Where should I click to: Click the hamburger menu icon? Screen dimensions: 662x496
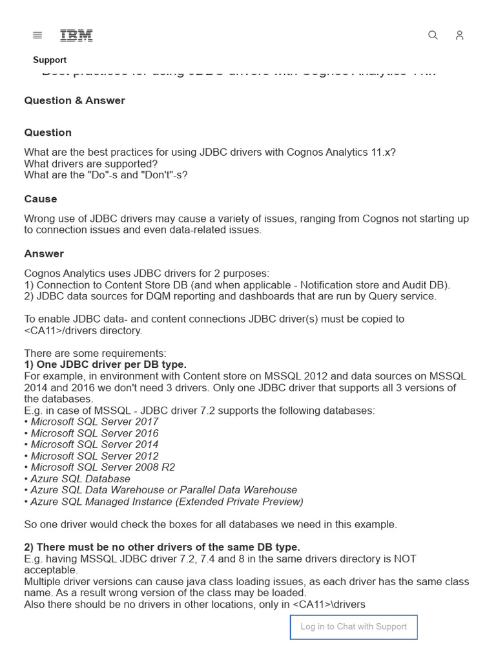pyautogui.click(x=37, y=36)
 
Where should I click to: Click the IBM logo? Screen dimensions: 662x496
pyautogui.click(x=76, y=36)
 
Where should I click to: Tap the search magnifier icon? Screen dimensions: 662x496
pyautogui.click(x=433, y=36)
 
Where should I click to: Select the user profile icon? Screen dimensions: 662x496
pyautogui.click(x=459, y=36)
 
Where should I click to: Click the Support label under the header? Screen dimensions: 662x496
pyautogui.click(x=50, y=59)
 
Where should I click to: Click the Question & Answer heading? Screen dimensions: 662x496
pyautogui.click(x=74, y=100)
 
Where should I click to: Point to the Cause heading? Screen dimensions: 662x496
pyautogui.click(x=41, y=198)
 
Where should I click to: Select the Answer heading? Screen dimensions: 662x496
pyautogui.click(x=44, y=253)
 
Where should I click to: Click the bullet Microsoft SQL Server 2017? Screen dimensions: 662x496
pyautogui.click(x=94, y=422)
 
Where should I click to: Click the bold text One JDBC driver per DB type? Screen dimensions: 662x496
pyautogui.click(x=105, y=365)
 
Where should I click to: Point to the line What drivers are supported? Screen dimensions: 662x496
pyautogui.click(x=90, y=164)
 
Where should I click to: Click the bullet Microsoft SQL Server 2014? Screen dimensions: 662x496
pyautogui.click(x=94, y=444)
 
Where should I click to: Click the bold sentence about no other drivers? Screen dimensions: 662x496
pyautogui.click(x=162, y=547)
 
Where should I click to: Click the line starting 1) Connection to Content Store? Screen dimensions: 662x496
pyautogui.click(x=237, y=284)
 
